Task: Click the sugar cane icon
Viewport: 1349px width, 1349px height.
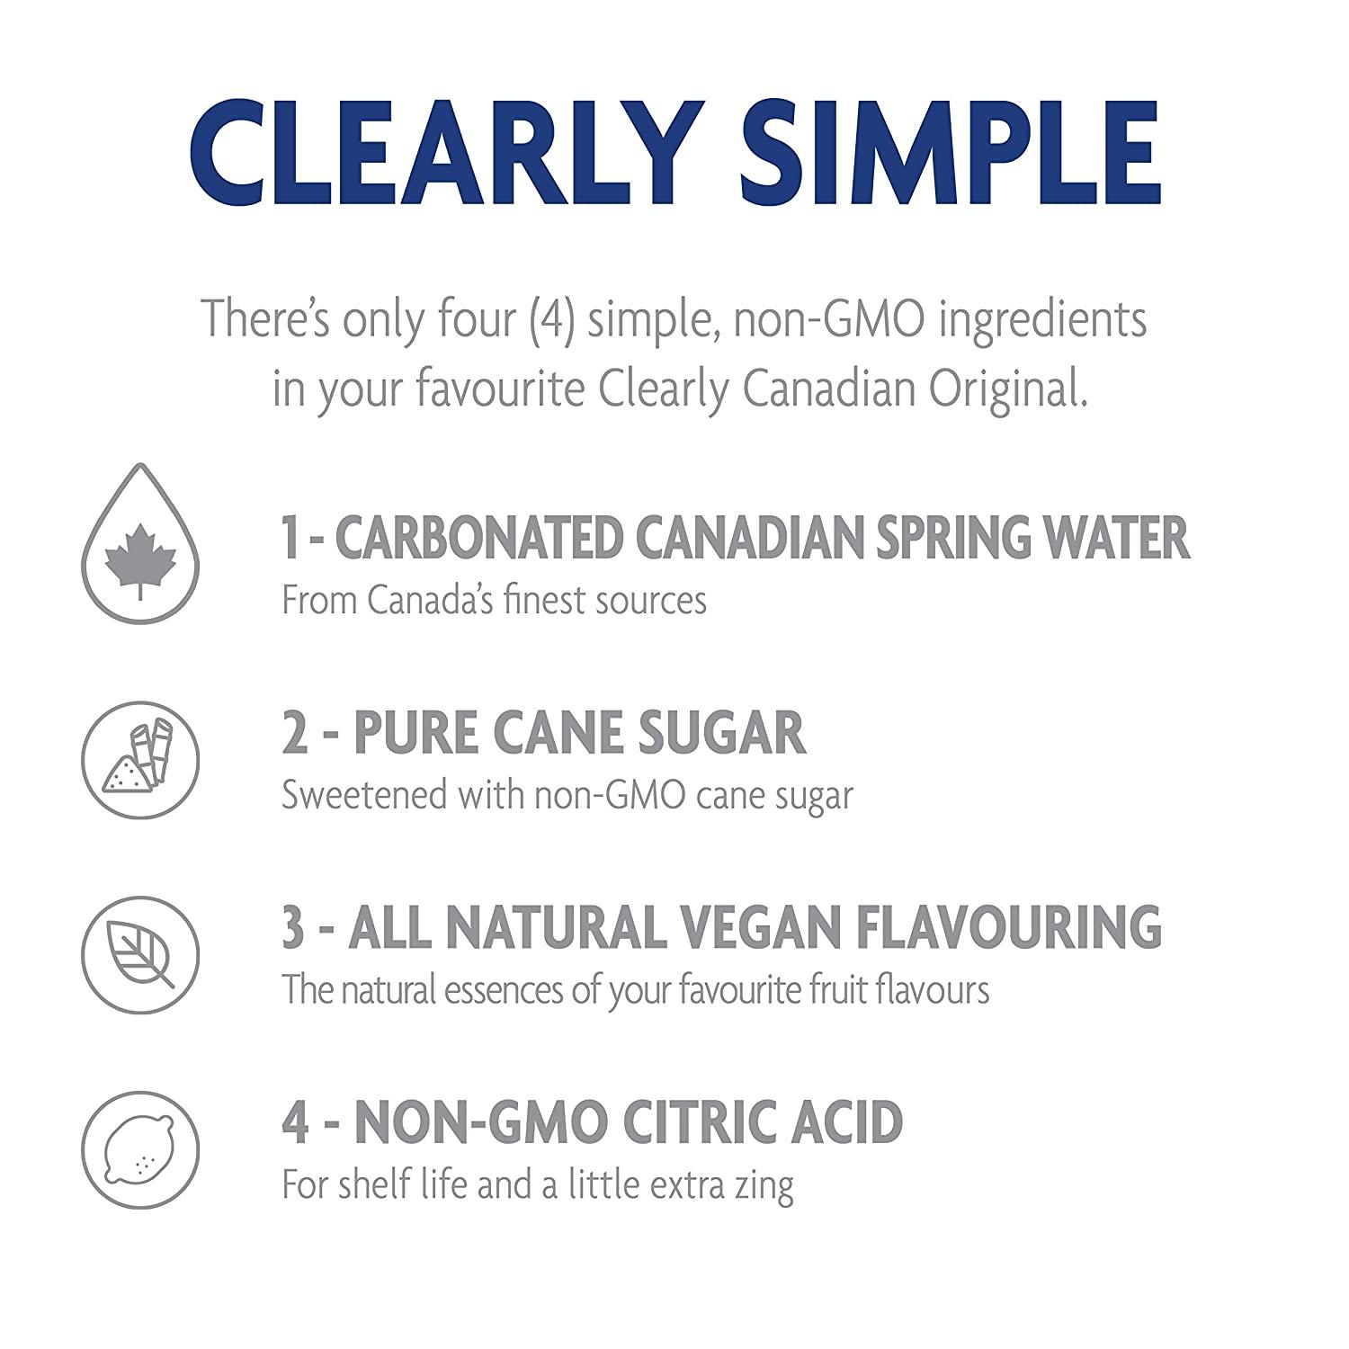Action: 140,759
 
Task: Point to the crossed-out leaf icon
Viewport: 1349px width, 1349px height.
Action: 140,953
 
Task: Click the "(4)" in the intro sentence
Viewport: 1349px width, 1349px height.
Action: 552,320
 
